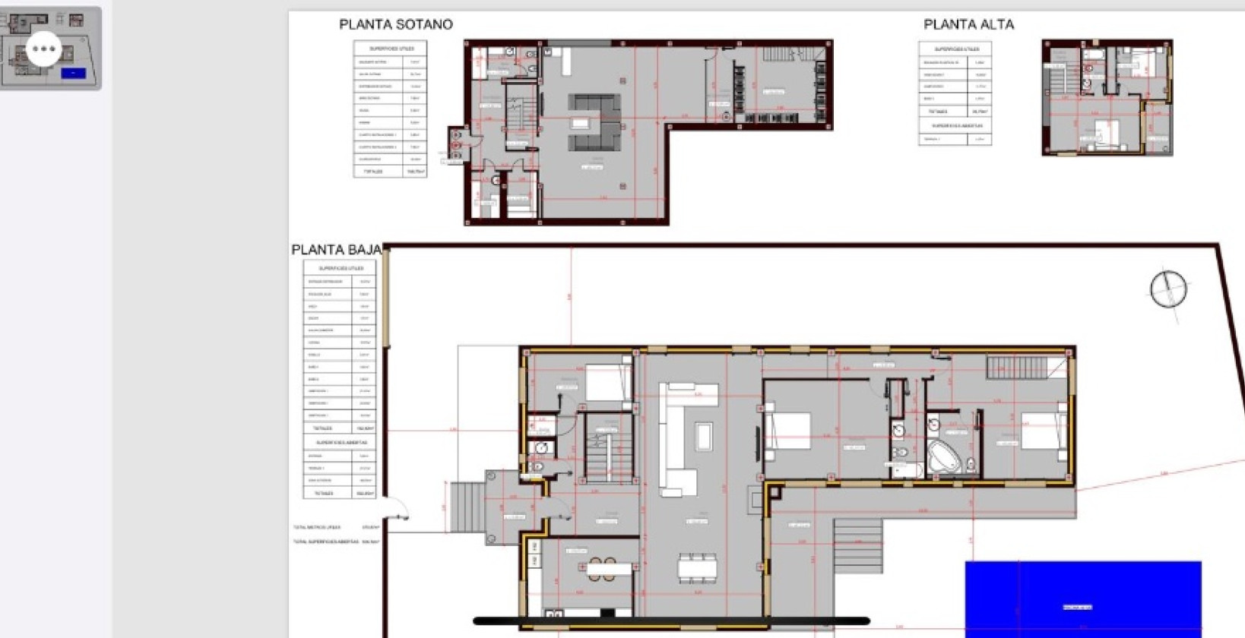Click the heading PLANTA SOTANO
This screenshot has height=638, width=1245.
[395, 24]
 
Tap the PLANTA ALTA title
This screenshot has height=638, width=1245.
[968, 24]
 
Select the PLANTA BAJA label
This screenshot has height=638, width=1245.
[336, 250]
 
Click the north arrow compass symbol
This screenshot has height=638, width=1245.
[1167, 289]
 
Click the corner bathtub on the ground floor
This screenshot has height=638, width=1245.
[943, 455]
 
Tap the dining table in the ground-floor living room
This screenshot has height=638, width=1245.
[697, 567]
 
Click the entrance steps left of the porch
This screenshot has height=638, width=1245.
[465, 507]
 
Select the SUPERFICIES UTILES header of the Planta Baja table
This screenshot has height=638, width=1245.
[340, 268]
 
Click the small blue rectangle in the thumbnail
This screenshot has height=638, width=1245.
[73, 73]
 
